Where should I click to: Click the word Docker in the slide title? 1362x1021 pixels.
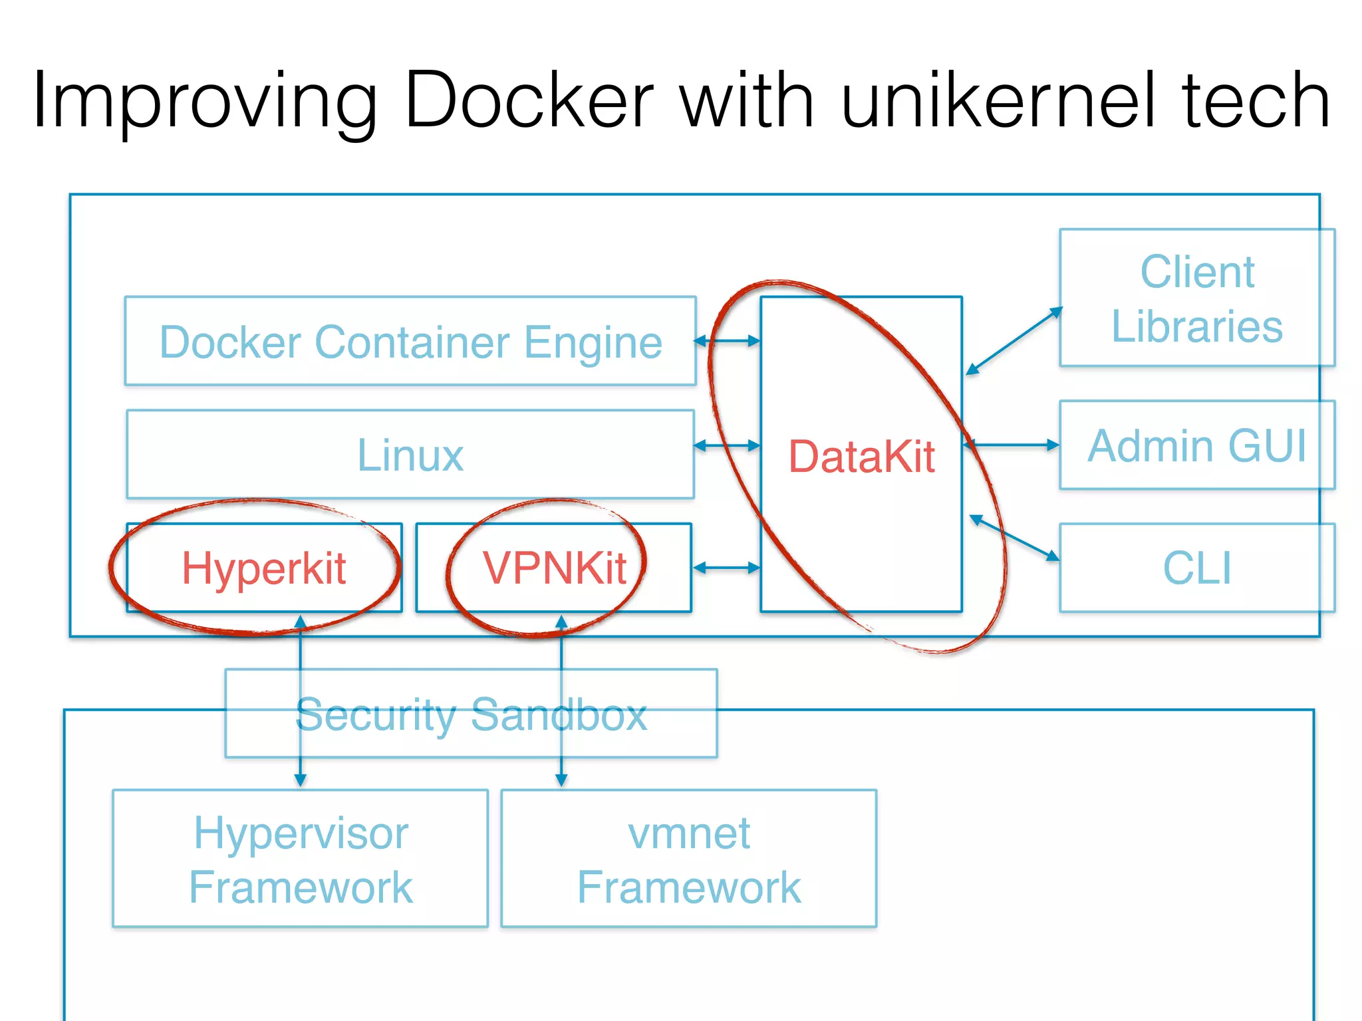(529, 101)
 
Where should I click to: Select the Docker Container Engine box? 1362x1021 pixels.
(410, 342)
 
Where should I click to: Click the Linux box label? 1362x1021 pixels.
(410, 455)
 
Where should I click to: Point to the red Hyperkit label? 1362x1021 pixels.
(264, 568)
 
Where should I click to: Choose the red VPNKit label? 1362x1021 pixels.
(554, 568)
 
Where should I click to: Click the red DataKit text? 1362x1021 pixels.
(861, 457)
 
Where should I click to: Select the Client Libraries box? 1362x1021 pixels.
(1196, 298)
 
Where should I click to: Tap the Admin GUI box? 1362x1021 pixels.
(1196, 445)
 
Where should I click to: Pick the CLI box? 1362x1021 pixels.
(1196, 568)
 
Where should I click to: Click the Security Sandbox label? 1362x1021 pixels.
(471, 715)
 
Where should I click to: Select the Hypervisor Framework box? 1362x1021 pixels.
(301, 859)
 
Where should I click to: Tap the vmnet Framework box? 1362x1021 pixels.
(689, 859)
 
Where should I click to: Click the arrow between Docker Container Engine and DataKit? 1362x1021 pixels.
(727, 341)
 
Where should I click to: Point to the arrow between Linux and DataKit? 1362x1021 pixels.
(727, 445)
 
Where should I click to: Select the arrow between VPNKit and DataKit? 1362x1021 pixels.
(727, 568)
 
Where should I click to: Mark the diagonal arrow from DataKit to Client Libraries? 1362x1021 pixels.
(1014, 340)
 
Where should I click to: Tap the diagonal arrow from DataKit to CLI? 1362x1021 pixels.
(1014, 538)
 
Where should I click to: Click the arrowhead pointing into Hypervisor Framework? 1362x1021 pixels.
(301, 779)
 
